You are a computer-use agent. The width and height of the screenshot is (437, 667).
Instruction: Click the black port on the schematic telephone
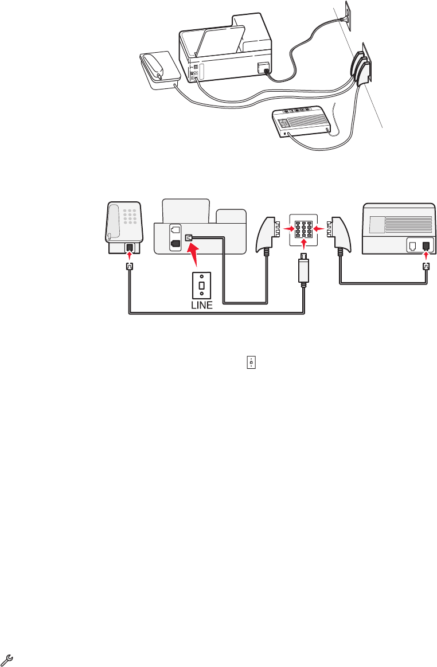(130, 249)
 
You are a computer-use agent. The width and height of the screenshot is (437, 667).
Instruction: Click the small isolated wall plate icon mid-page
(250, 362)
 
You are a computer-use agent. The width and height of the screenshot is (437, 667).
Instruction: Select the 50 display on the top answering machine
(284, 122)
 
